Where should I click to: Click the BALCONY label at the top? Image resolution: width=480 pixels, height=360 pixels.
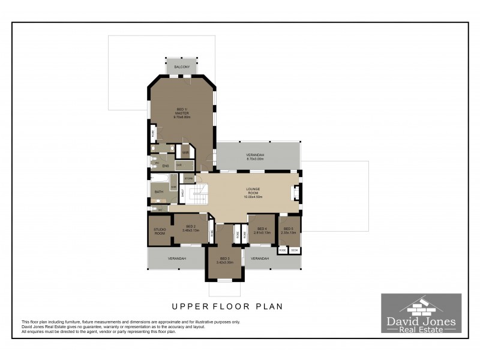(182, 67)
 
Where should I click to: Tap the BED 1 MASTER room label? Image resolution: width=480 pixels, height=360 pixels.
(182, 111)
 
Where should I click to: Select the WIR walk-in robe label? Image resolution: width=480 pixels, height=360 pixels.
(185, 153)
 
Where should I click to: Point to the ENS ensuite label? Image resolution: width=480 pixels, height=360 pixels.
(165, 166)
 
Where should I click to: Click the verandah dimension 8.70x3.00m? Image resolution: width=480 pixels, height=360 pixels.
(256, 159)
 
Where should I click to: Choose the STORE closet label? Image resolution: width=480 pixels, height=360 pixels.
(188, 178)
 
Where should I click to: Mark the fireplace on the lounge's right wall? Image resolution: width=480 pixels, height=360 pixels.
(294, 193)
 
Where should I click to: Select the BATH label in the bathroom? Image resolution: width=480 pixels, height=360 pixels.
(158, 192)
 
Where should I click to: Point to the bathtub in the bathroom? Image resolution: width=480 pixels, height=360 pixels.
(160, 178)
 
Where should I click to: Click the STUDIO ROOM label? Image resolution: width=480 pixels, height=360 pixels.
(160, 231)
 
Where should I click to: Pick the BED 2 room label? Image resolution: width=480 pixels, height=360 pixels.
(191, 226)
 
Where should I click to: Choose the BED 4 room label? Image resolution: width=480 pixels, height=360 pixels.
(262, 229)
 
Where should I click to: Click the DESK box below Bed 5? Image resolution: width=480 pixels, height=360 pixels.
(295, 250)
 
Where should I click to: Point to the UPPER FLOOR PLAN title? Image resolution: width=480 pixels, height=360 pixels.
(227, 306)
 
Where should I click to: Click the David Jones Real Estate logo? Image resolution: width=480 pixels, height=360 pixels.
(421, 313)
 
